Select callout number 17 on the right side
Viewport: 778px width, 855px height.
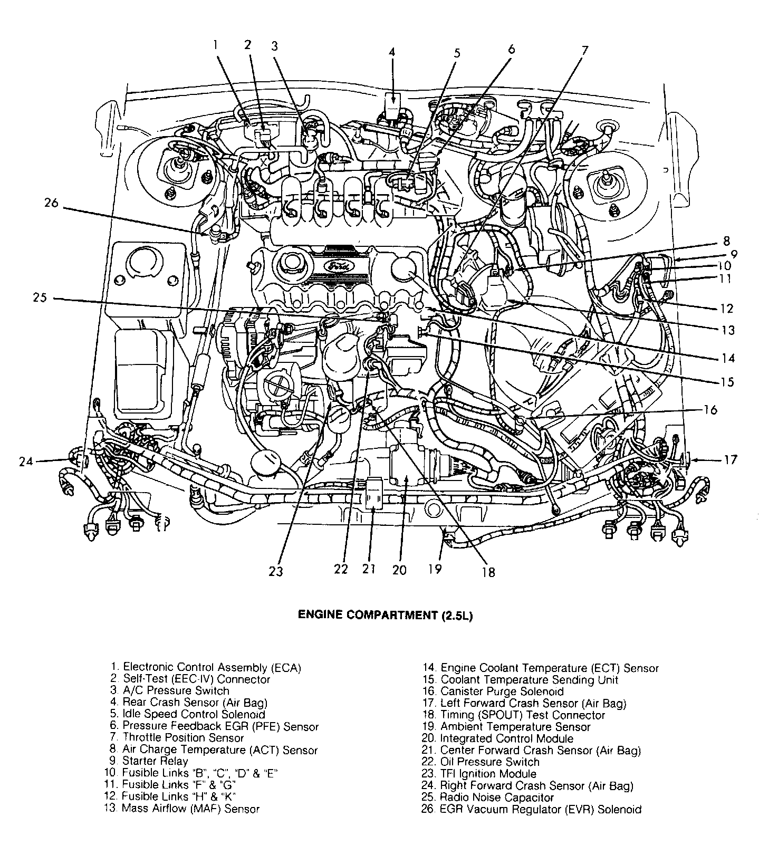tap(730, 460)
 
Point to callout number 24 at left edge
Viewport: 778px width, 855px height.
tap(26, 462)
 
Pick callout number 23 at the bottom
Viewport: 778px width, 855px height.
tap(275, 571)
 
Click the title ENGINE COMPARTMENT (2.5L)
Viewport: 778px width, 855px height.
tap(385, 615)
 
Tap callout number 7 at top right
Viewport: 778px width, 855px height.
tap(584, 51)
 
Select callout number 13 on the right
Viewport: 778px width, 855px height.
tap(728, 331)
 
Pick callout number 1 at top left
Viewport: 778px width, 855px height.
tap(215, 45)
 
